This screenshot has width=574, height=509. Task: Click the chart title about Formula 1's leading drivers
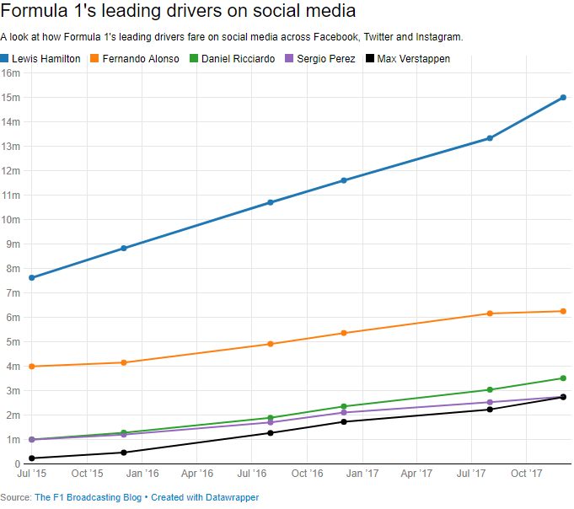tap(178, 12)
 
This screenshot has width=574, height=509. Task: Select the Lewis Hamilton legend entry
tap(46, 59)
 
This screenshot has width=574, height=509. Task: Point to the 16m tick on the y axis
tap(11, 73)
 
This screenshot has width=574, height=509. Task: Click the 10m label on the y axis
tap(11, 220)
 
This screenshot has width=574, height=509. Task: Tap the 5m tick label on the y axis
tap(13, 342)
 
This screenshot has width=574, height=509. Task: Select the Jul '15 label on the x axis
tap(32, 474)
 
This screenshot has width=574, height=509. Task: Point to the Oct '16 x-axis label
tap(306, 474)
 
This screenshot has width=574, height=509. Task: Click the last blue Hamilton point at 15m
tap(563, 98)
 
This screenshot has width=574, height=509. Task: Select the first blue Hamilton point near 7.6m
tap(32, 278)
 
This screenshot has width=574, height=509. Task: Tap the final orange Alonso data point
tap(563, 312)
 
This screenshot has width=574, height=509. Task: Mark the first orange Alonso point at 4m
tap(32, 367)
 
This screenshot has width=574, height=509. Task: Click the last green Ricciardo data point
tap(563, 378)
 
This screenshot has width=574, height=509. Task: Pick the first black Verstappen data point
tap(32, 458)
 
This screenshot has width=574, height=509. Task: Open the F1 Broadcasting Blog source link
tap(88, 498)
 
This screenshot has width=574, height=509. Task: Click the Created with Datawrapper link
tap(205, 498)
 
